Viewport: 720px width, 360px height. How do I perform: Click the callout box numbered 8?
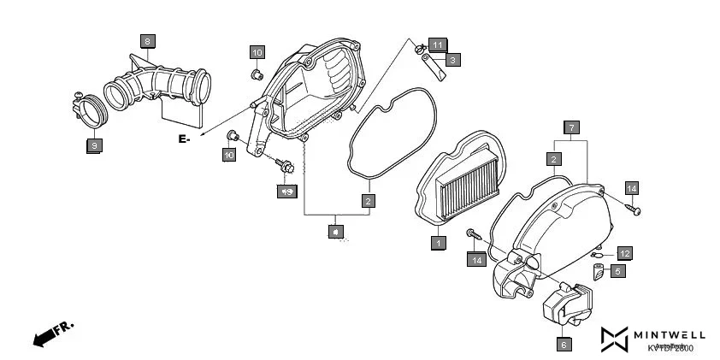147,41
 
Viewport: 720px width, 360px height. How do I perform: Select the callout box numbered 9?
93,146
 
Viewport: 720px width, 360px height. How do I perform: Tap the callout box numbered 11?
437,44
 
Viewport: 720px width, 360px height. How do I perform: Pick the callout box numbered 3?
452,60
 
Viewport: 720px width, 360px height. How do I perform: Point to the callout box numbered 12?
625,253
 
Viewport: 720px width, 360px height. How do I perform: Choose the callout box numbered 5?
617,271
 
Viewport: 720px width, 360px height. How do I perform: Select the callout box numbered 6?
564,345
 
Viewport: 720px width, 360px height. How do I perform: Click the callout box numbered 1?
438,243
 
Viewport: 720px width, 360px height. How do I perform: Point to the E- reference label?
184,138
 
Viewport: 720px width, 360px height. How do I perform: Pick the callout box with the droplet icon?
336,231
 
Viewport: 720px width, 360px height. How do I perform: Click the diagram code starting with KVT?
670,348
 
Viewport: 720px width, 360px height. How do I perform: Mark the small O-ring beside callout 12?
601,255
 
